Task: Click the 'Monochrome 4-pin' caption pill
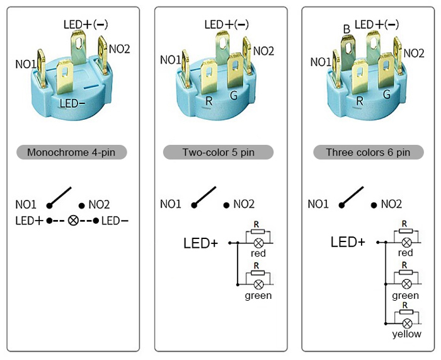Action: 72,152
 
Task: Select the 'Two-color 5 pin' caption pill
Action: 218,152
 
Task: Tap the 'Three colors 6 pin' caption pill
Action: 367,152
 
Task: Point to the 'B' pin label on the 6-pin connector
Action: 346,29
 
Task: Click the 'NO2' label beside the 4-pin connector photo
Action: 120,49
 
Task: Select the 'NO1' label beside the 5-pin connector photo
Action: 171,59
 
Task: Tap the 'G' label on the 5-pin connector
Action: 234,96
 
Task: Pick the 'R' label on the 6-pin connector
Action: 360,100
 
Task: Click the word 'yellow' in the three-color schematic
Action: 406,334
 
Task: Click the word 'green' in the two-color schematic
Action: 258,295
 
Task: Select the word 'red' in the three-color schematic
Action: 406,253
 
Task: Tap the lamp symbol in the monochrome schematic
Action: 72,221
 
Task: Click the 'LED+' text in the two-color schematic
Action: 200,242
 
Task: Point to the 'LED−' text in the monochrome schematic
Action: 115,221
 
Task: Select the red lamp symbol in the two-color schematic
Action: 258,242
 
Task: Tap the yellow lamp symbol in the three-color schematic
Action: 406,323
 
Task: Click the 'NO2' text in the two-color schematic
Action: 244,204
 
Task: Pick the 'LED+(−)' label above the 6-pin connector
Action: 377,24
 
